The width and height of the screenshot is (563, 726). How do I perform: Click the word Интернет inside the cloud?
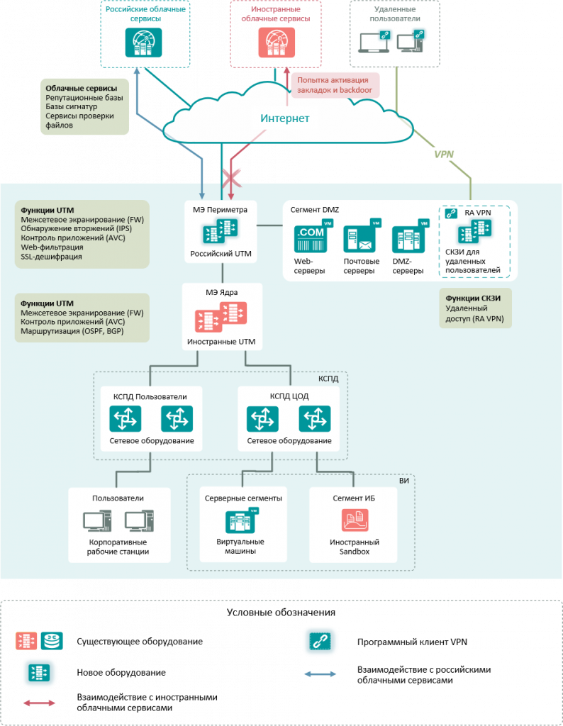(x=285, y=118)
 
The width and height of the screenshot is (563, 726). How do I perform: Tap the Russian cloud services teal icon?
(x=143, y=43)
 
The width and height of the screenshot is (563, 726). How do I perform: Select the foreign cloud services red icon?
(x=277, y=43)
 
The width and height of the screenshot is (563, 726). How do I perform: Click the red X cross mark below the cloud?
(x=231, y=178)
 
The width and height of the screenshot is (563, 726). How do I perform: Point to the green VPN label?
(x=444, y=154)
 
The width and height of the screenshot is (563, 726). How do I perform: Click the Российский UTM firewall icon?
(x=221, y=231)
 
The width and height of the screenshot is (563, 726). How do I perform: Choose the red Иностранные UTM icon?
(x=221, y=317)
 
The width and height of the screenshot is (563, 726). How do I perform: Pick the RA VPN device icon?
(x=474, y=231)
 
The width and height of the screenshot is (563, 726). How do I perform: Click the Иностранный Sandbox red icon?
(x=355, y=520)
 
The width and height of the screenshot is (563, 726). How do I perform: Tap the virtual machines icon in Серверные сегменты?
(x=242, y=520)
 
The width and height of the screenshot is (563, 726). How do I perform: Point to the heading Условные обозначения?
(x=281, y=613)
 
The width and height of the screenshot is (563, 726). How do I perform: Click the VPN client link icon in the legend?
(x=320, y=642)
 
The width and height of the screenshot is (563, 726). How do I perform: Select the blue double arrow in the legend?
(x=320, y=674)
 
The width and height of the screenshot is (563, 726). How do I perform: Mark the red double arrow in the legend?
(x=40, y=703)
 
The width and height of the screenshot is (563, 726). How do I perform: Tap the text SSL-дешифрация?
(x=51, y=257)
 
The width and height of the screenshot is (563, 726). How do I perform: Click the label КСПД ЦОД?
(x=289, y=396)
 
